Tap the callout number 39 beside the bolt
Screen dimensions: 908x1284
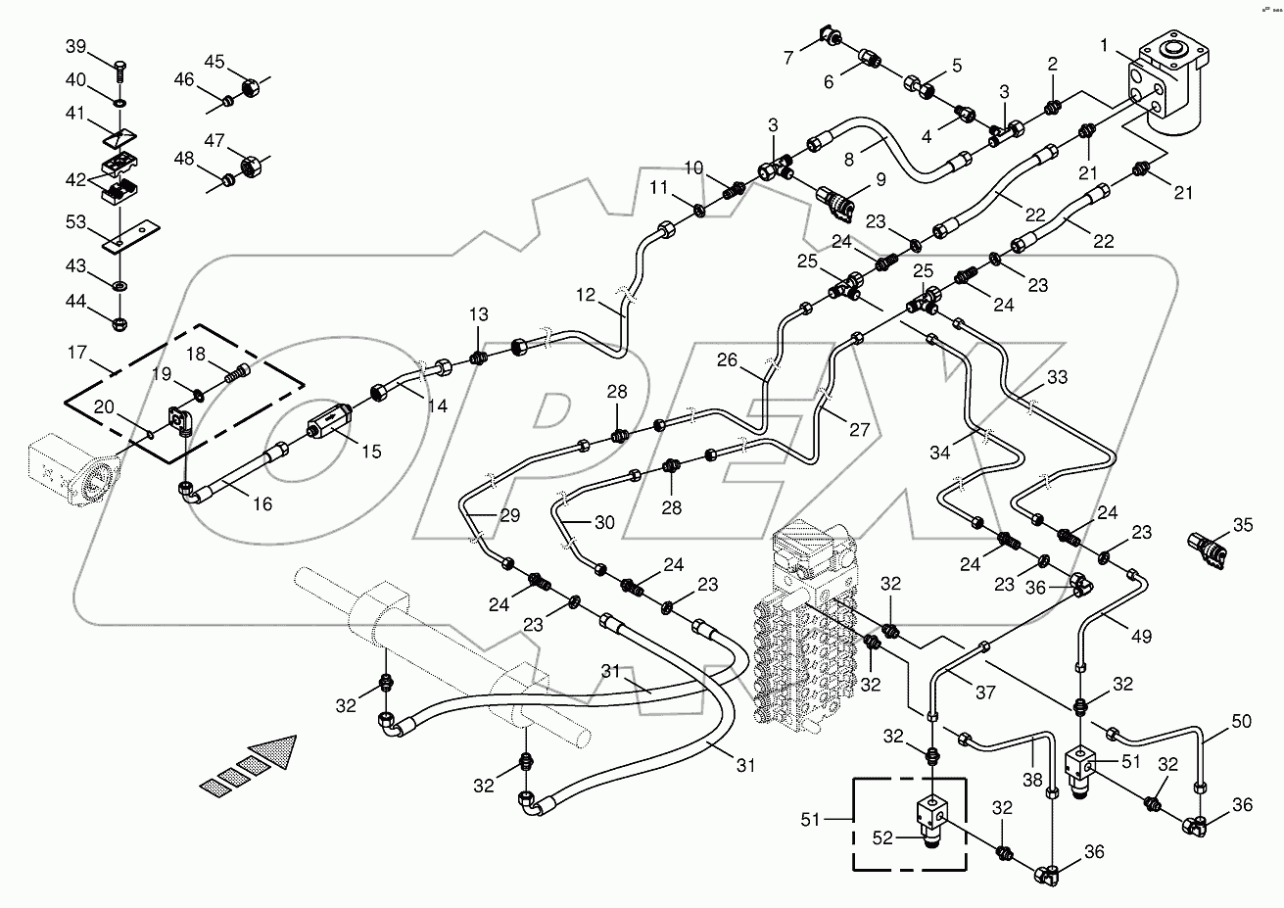tap(76, 47)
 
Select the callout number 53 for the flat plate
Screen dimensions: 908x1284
tap(76, 224)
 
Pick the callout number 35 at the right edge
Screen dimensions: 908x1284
tap(1242, 525)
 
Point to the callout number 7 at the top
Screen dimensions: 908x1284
tap(788, 59)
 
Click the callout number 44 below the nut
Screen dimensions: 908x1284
tap(76, 303)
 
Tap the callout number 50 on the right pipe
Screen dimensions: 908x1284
tap(1242, 723)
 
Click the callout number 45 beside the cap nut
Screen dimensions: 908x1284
tap(214, 61)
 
